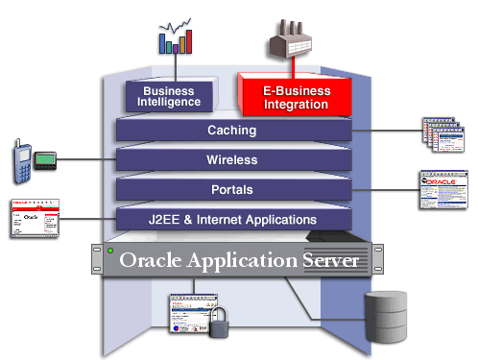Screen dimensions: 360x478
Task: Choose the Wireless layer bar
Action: tap(231, 159)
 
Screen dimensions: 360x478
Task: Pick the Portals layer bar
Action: tap(231, 189)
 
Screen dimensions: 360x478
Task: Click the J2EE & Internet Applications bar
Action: tap(231, 220)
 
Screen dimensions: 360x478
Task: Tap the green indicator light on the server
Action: tap(112, 252)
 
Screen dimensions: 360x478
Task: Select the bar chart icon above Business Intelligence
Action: tap(175, 37)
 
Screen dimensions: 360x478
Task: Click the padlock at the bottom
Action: tap(221, 324)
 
